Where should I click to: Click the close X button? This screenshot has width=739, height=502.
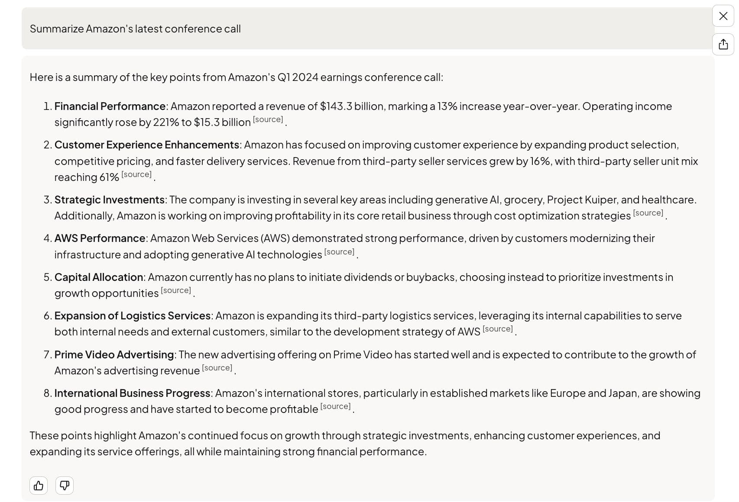(x=723, y=16)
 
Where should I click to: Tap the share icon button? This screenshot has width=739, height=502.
(x=723, y=44)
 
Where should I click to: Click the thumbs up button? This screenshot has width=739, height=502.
(x=39, y=486)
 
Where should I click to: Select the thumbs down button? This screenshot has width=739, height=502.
(x=65, y=486)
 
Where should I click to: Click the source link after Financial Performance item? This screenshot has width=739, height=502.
(x=268, y=119)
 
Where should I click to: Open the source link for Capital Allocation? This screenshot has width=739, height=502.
(x=176, y=290)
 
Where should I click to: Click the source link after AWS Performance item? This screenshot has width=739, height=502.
(x=339, y=252)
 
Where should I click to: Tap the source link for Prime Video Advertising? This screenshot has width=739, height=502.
(x=217, y=368)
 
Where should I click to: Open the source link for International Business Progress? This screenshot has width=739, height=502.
(x=335, y=406)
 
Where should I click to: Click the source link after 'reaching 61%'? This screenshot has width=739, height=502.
(x=136, y=174)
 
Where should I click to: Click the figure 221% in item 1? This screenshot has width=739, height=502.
(x=165, y=122)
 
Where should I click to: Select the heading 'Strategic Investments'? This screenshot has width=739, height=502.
(x=109, y=200)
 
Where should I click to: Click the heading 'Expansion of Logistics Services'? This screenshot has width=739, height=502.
(x=132, y=316)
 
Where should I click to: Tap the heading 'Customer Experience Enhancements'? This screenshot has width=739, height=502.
(x=146, y=145)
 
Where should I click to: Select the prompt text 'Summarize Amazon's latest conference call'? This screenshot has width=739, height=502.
(x=135, y=29)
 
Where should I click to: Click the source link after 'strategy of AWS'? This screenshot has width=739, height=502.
(x=497, y=329)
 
